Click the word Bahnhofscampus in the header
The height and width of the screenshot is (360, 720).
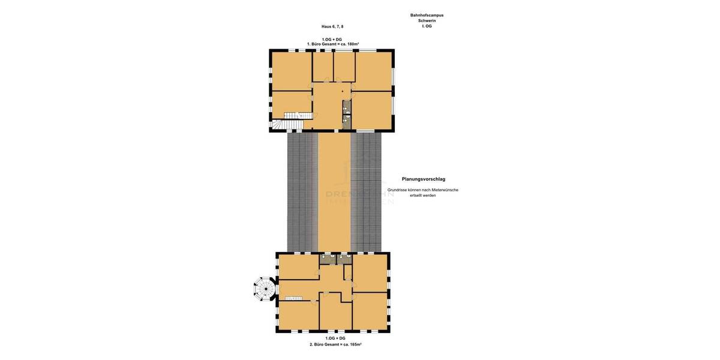427,15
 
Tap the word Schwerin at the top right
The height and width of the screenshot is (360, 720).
427,20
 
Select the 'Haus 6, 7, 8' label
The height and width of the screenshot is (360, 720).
332,26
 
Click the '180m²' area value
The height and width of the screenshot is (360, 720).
353,44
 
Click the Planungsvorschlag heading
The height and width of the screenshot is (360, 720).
424,179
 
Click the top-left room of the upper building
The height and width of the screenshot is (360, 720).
292,71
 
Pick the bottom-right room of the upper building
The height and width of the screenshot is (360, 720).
371,110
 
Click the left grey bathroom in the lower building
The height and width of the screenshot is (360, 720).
328,259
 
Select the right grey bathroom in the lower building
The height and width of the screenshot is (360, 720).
344,259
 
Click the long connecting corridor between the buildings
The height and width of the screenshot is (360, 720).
334,192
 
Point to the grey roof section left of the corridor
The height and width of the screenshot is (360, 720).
302,192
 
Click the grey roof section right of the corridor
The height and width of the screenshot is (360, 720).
366,192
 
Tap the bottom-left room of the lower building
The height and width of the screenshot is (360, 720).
298,315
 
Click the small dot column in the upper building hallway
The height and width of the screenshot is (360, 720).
343,92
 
